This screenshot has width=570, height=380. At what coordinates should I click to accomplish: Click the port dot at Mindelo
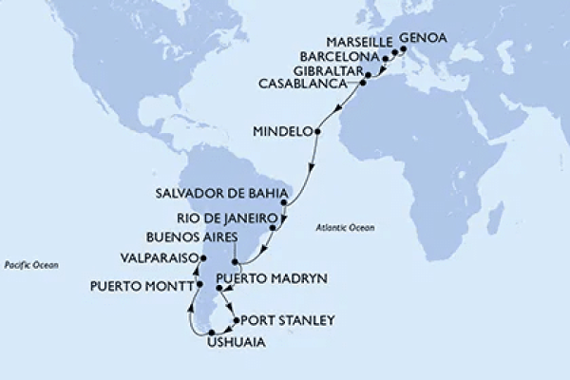316,132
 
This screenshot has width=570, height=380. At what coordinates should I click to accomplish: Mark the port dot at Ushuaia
225,332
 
